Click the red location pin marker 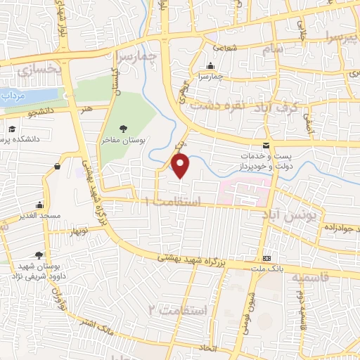pos(181,165)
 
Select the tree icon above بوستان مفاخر pos(124,129)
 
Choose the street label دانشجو pos(41,112)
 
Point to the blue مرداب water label pos(14,95)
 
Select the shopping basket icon pos(56,167)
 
